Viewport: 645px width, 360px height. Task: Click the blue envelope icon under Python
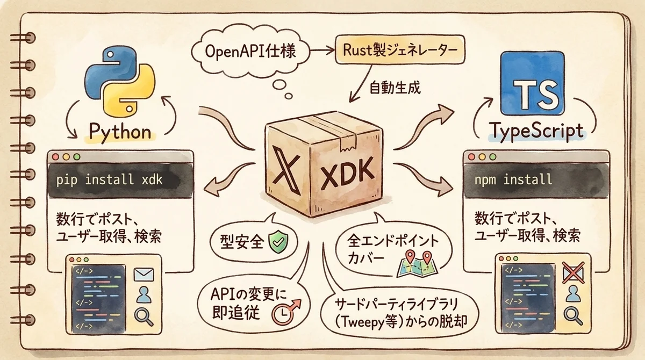(x=144, y=275)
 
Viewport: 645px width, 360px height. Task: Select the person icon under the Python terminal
(x=144, y=295)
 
